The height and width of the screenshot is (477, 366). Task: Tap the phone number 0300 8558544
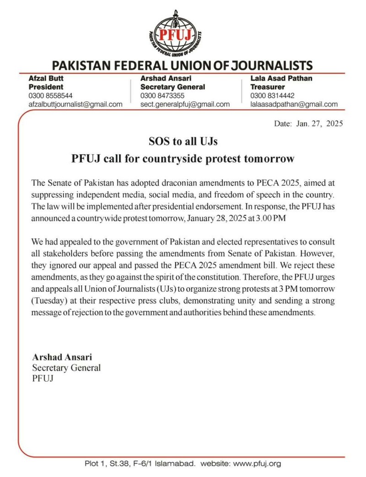pos(50,95)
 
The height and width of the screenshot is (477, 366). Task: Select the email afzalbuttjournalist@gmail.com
pos(75,104)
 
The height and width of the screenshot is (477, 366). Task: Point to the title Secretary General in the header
pos(172,87)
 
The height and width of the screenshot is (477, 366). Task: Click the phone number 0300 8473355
pos(162,95)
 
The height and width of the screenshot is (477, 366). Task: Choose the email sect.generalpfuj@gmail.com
pos(185,104)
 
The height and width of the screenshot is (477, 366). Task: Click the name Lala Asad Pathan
pos(281,78)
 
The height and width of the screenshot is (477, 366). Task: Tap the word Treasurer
pos(267,87)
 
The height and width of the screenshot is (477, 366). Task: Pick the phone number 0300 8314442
pos(272,95)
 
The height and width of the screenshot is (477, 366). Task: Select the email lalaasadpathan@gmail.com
pos(294,104)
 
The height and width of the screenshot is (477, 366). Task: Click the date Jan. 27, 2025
pos(320,124)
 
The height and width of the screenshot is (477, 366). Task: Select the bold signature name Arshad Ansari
pos(59,357)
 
